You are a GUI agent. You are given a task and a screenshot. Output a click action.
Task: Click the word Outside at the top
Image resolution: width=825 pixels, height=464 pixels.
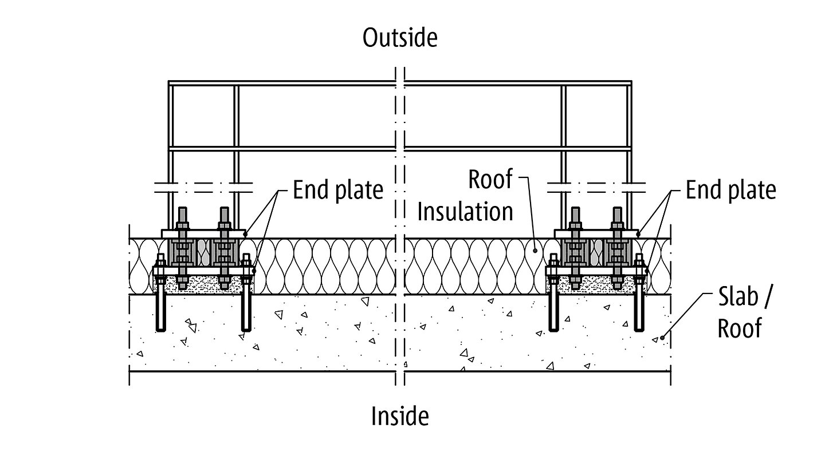pos(399,38)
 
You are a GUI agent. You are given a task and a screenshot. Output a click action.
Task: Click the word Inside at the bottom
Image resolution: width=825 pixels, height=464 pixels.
pos(400,416)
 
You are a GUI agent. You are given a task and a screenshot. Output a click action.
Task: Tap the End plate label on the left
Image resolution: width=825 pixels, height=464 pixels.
pos(337,190)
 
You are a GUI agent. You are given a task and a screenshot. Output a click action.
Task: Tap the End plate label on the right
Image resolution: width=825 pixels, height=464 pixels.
pos(730,190)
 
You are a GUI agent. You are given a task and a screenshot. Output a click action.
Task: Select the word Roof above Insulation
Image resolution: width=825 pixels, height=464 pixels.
pos(490,179)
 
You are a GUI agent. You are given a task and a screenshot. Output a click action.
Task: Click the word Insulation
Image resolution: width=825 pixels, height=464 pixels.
pos(465,212)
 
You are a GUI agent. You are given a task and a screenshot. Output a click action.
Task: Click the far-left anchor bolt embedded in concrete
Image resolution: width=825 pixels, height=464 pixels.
pos(160,309)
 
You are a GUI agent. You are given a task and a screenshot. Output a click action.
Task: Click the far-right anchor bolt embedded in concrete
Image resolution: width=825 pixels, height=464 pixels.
pos(640,309)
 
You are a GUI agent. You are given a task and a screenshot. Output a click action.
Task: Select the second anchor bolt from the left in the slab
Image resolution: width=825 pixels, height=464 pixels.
pos(246,309)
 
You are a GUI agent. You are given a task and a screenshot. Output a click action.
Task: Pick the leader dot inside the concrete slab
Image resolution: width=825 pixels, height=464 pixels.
pos(663,338)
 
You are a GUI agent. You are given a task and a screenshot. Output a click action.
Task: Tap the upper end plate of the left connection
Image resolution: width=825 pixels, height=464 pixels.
pos(203,234)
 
